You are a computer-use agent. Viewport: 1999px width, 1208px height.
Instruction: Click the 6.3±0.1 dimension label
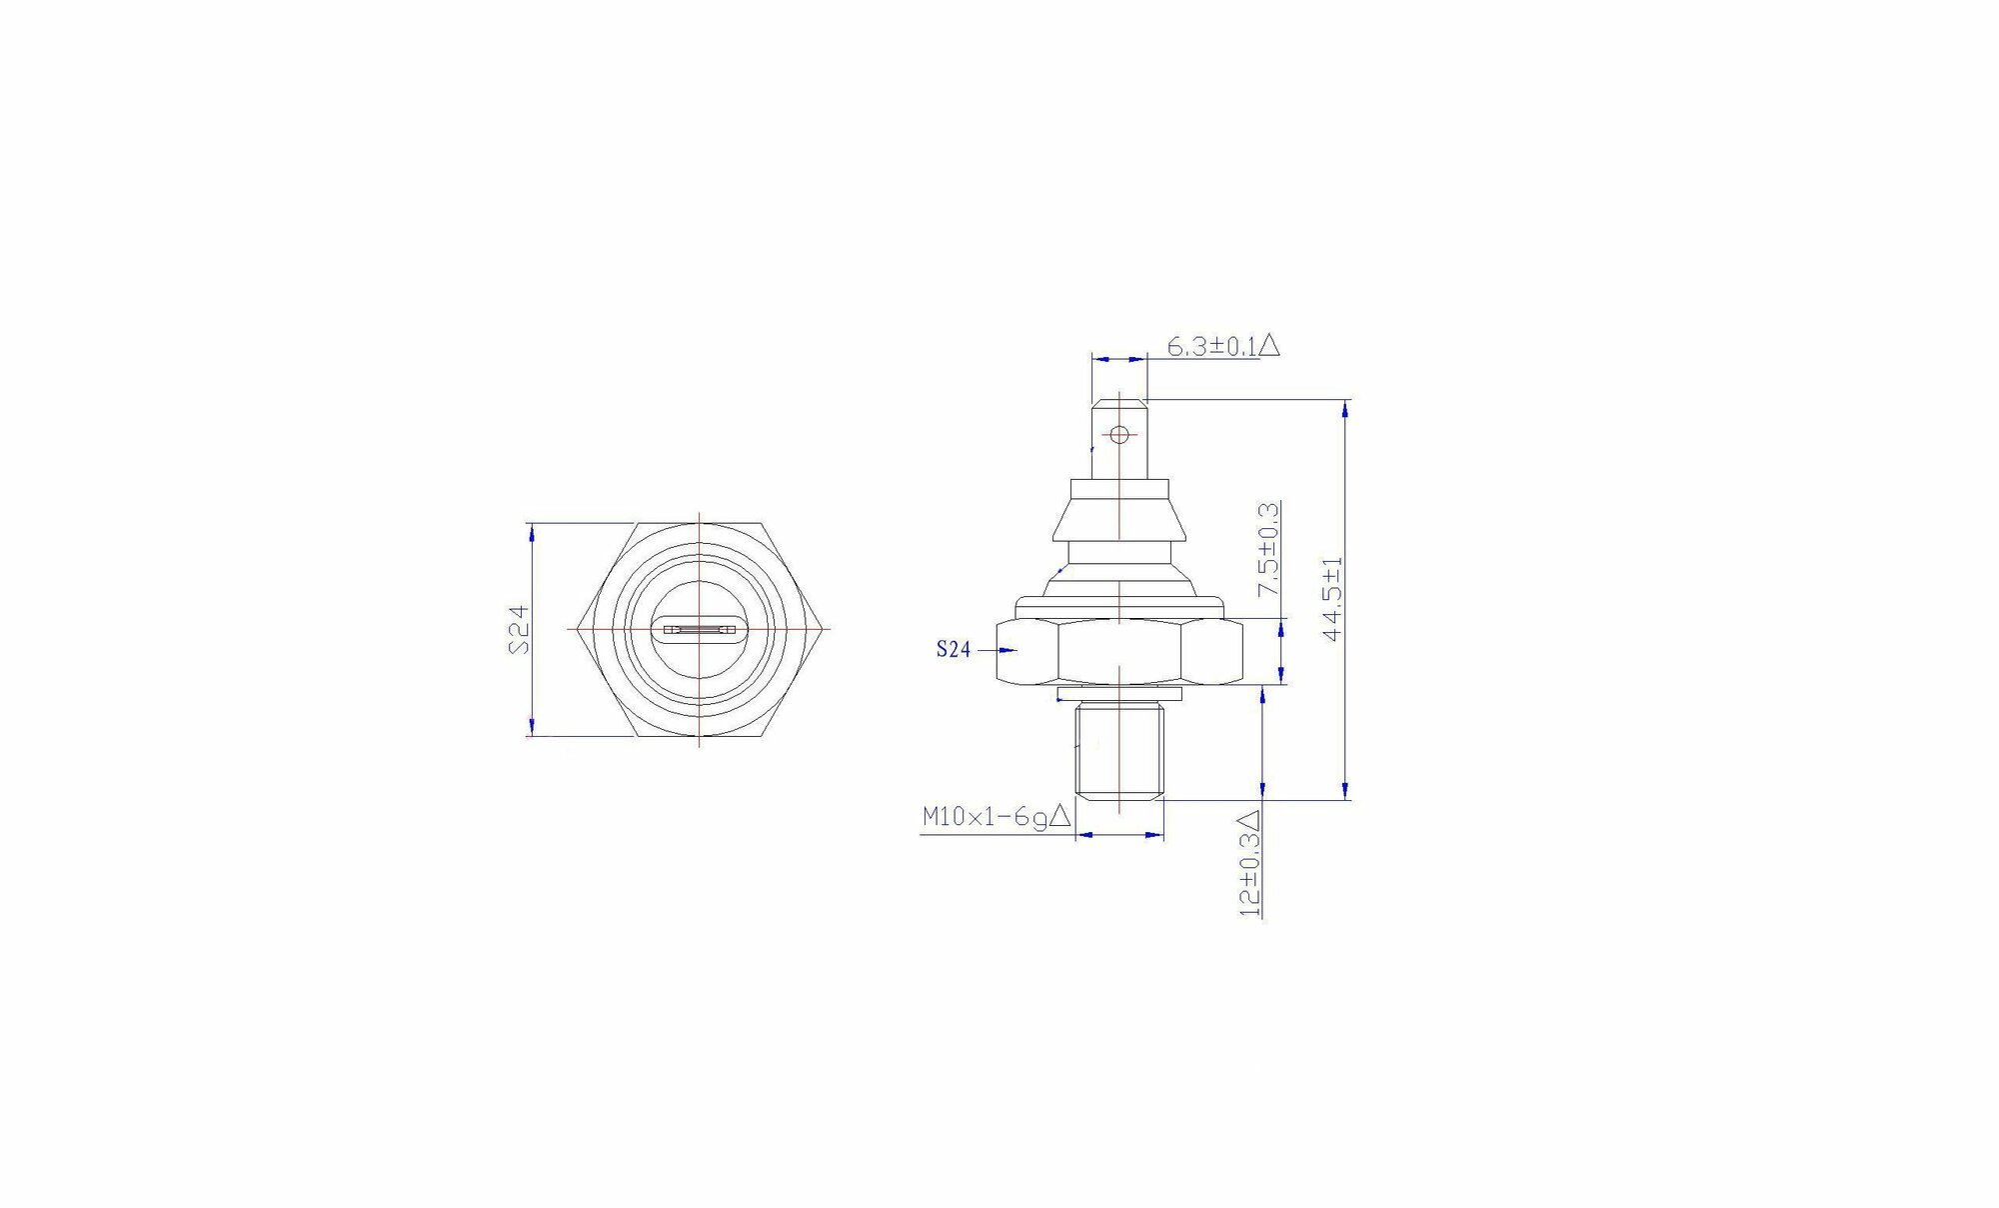coord(1211,346)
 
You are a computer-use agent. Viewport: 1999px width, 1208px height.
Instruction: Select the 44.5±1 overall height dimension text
coord(1332,599)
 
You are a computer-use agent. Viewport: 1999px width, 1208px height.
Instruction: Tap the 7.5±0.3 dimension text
coord(1268,550)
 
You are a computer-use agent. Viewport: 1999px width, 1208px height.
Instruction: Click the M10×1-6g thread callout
coord(985,817)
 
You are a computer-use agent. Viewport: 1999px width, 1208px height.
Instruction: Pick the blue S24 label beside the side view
coord(954,650)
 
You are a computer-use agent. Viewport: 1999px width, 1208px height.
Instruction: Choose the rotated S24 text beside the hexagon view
coord(519,630)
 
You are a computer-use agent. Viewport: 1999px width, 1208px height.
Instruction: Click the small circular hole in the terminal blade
coord(1119,434)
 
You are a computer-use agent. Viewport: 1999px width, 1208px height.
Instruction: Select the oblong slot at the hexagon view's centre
coord(699,630)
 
